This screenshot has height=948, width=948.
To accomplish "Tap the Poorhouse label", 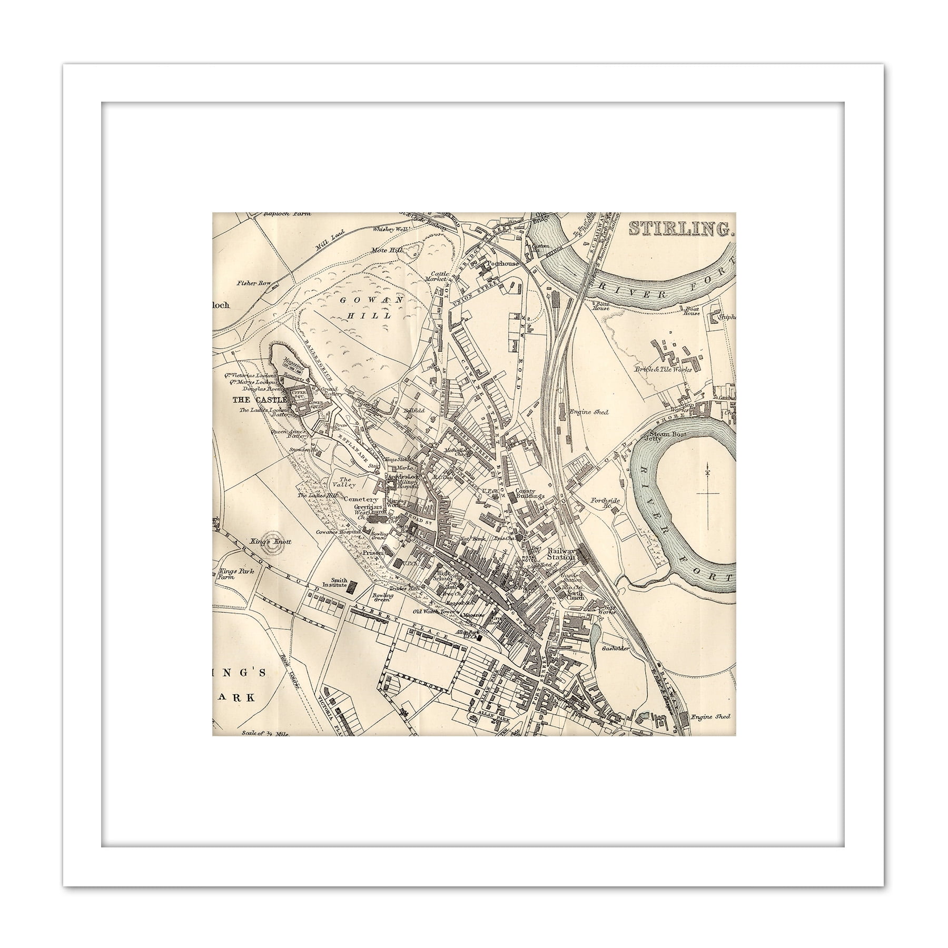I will (503, 263).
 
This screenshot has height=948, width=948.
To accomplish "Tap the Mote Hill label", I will (384, 250).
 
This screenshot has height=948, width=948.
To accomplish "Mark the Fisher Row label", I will (253, 283).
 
